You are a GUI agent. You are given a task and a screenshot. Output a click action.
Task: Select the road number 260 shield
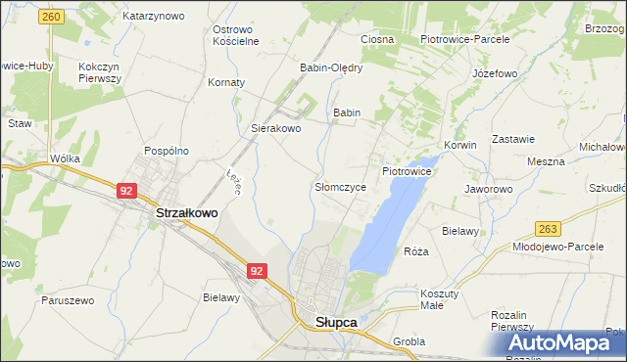pyautogui.click(x=53, y=18)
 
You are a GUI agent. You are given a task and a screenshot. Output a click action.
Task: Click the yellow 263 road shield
pyautogui.click(x=548, y=229)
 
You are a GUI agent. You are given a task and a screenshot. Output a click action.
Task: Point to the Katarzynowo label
pyautogui.click(x=153, y=17)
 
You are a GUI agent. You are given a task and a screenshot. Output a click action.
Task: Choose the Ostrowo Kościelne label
pyautogui.click(x=236, y=35)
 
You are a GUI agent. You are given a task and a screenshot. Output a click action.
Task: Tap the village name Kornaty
pyautogui.click(x=226, y=82)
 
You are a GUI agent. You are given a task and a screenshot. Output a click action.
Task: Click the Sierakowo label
pyautogui.click(x=276, y=128)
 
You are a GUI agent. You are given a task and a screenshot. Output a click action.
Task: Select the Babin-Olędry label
pyautogui.click(x=331, y=68)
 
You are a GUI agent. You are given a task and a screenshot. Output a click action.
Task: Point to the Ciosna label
pyautogui.click(x=377, y=39)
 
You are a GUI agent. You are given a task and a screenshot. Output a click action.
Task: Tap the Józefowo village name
pyautogui.click(x=494, y=73)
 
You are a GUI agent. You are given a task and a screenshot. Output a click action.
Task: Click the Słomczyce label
pyautogui.click(x=340, y=186)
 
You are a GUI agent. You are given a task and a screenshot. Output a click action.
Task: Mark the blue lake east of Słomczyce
pyautogui.click(x=387, y=220)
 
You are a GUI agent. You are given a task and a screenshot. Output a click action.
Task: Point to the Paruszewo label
pyautogui.click(x=67, y=300)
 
